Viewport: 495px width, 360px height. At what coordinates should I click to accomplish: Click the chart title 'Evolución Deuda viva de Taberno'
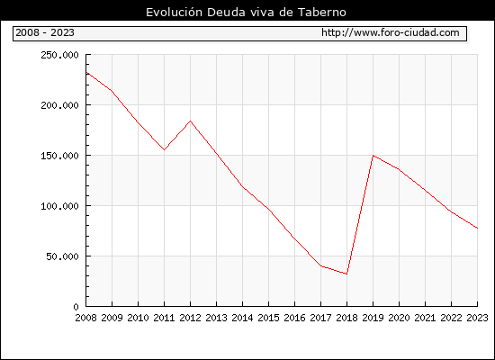(x=246, y=13)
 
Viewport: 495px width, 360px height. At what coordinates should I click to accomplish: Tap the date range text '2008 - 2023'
(x=45, y=32)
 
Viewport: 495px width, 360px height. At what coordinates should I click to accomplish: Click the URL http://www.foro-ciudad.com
(x=391, y=32)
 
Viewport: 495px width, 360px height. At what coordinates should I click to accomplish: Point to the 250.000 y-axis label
(x=59, y=55)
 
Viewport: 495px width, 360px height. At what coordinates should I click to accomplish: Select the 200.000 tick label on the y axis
(x=59, y=105)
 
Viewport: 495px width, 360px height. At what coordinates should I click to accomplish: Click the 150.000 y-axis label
(x=59, y=156)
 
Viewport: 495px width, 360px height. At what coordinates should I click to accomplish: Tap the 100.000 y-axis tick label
(x=59, y=206)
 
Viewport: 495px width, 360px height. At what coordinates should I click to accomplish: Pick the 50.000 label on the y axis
(x=62, y=256)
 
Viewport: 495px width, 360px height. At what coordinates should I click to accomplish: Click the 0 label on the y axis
(x=76, y=307)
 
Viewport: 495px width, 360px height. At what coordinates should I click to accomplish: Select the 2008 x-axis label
(x=85, y=318)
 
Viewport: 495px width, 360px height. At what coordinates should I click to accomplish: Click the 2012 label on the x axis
(x=191, y=318)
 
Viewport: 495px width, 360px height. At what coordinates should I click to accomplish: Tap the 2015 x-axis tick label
(x=269, y=318)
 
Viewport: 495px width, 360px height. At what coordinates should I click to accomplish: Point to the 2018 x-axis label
(x=346, y=318)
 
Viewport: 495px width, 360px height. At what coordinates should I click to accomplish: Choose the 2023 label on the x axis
(x=477, y=318)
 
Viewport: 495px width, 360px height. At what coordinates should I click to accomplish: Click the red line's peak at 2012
(x=191, y=121)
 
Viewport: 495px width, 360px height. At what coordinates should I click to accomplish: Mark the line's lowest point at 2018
(x=346, y=274)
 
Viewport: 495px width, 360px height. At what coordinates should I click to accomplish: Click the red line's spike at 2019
(x=373, y=156)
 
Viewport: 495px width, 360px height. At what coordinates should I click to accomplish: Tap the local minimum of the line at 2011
(x=164, y=149)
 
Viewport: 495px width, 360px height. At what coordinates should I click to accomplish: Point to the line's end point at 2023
(x=477, y=228)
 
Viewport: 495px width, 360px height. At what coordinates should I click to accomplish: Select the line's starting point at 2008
(x=86, y=72)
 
